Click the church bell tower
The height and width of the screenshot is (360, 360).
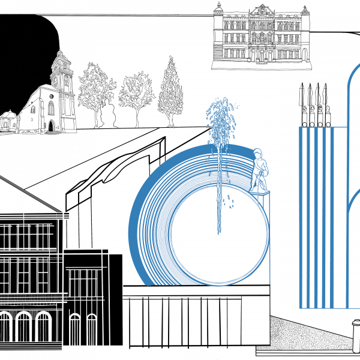(62, 75)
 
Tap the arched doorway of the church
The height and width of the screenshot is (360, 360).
(51, 125)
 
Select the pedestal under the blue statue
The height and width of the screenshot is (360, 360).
(262, 193)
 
